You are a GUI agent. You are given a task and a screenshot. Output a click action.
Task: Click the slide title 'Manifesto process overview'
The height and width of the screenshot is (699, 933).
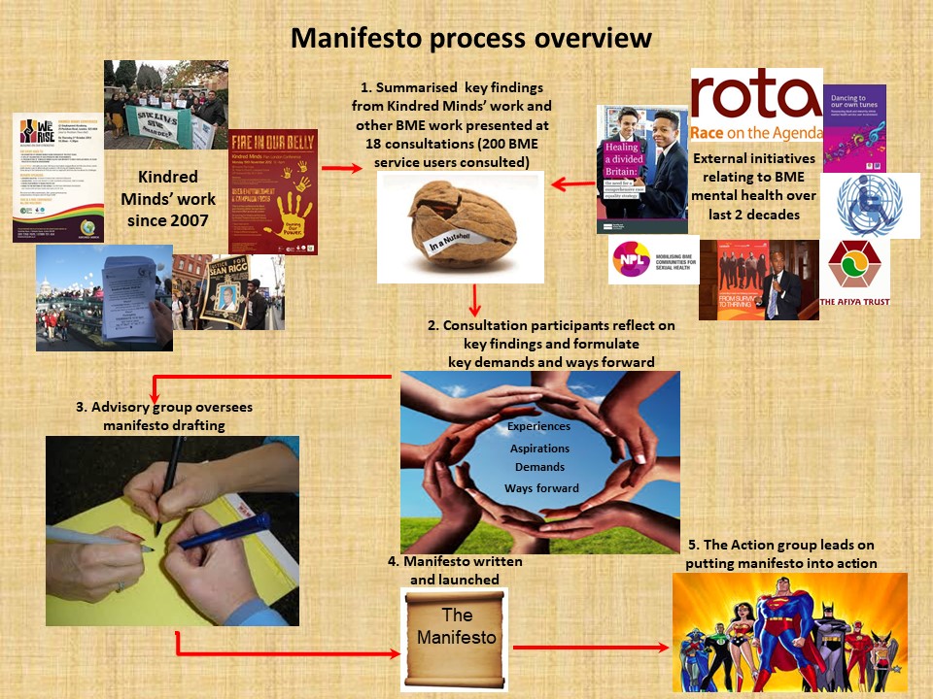[470, 39]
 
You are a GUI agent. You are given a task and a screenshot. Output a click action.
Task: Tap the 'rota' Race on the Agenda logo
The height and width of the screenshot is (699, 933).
[756, 105]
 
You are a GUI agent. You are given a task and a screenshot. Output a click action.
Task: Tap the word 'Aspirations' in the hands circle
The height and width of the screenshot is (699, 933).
[539, 449]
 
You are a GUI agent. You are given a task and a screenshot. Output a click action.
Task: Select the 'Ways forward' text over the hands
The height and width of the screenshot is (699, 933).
[540, 488]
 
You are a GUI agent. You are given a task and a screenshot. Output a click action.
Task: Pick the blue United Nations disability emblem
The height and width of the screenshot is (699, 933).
[855, 205]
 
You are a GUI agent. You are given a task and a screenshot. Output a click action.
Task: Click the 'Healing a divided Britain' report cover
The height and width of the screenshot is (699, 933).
[641, 170]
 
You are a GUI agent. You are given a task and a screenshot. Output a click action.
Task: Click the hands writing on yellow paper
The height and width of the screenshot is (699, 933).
[172, 530]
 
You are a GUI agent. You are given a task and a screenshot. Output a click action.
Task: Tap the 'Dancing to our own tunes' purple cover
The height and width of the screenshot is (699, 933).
[854, 128]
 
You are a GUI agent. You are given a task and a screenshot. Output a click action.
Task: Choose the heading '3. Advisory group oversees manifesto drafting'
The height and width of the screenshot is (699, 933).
[164, 416]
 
